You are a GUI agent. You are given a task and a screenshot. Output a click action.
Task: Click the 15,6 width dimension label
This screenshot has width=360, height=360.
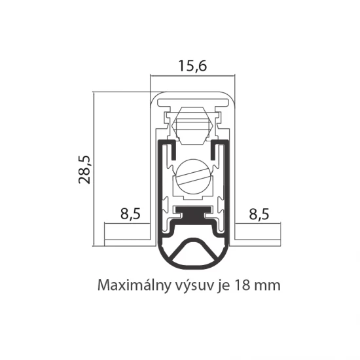click(192, 66)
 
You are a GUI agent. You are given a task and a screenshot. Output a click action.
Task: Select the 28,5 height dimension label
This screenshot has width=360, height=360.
click(84, 170)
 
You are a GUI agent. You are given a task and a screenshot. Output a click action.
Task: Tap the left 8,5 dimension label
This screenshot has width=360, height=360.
click(130, 214)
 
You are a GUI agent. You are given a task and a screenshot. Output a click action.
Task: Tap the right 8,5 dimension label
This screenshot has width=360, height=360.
click(259, 214)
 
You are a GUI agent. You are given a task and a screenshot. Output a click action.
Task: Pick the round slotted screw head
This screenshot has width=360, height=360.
click(194, 177)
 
